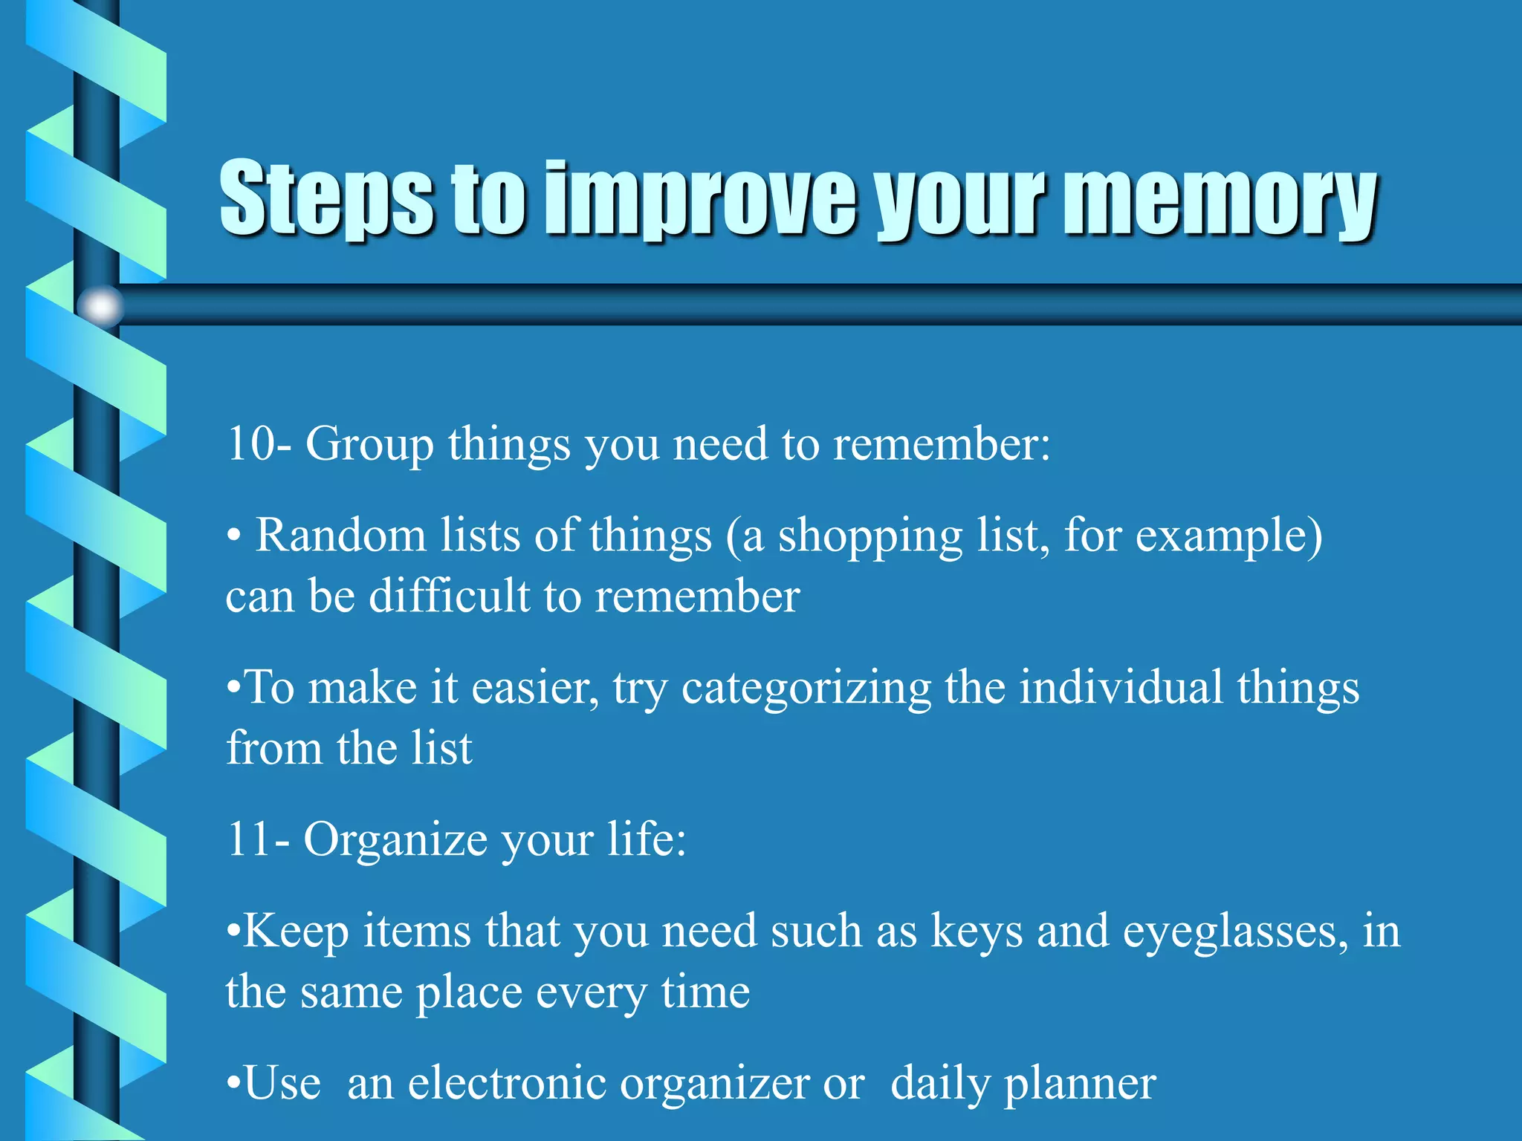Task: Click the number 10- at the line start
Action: pyautogui.click(x=259, y=444)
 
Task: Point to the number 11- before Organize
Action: pyautogui.click(x=258, y=839)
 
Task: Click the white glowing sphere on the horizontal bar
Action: pyautogui.click(x=101, y=305)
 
